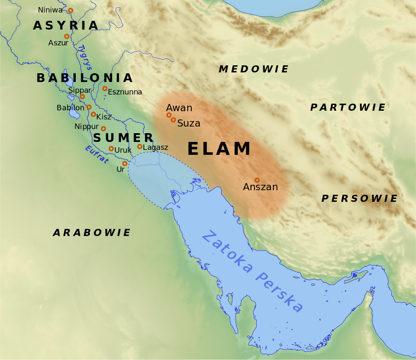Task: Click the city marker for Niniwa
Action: [x=70, y=10]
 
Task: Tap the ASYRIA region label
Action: [x=66, y=26]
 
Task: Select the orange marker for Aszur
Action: [x=67, y=36]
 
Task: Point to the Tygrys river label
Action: [x=84, y=57]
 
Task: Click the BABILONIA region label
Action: [x=84, y=78]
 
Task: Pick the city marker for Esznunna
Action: [x=105, y=89]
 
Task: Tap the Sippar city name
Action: [x=79, y=90]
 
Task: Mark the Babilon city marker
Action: [x=89, y=107]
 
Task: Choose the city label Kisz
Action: [x=104, y=117]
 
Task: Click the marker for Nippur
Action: [x=103, y=129]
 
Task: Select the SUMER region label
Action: [x=123, y=138]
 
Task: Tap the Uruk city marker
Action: [x=111, y=149]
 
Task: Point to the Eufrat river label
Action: [x=97, y=154]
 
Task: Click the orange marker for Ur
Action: [x=125, y=164]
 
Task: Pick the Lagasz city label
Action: [x=156, y=147]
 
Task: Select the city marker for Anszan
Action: [x=257, y=180]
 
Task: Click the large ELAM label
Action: [x=219, y=149]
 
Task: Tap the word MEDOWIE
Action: [x=254, y=69]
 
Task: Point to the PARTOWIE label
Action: [x=348, y=107]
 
